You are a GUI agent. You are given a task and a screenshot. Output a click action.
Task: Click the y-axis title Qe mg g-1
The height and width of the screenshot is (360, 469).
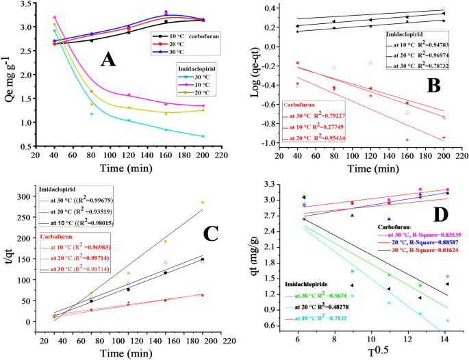point(9,75)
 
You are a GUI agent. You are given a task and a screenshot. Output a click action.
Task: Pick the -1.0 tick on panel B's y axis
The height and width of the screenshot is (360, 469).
point(274,143)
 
